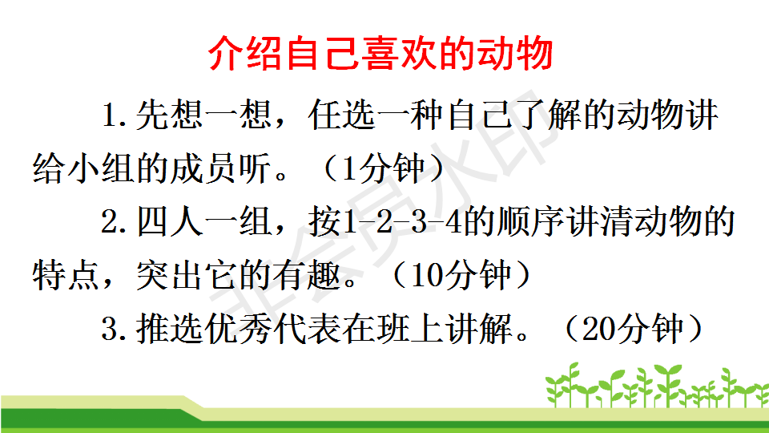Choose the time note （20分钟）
click(x=633, y=329)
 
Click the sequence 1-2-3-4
click(x=404, y=222)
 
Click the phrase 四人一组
click(x=204, y=222)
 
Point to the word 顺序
click(x=531, y=222)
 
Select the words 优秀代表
click(x=273, y=329)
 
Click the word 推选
click(x=170, y=329)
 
